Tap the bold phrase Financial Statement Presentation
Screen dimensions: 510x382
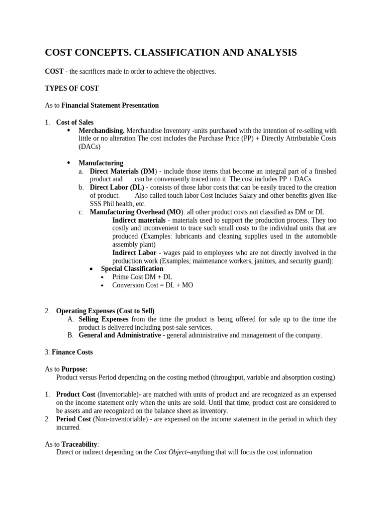point(110,106)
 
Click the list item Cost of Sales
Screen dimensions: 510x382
point(75,123)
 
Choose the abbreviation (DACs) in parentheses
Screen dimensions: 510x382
point(90,147)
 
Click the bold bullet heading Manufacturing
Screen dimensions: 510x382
point(101,163)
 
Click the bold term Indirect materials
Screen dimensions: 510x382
point(140,220)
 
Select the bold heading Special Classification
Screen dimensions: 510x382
point(132,269)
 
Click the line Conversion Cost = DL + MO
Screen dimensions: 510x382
point(153,285)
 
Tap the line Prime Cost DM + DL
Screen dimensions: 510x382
point(142,277)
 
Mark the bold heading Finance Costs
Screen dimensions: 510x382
point(75,352)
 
